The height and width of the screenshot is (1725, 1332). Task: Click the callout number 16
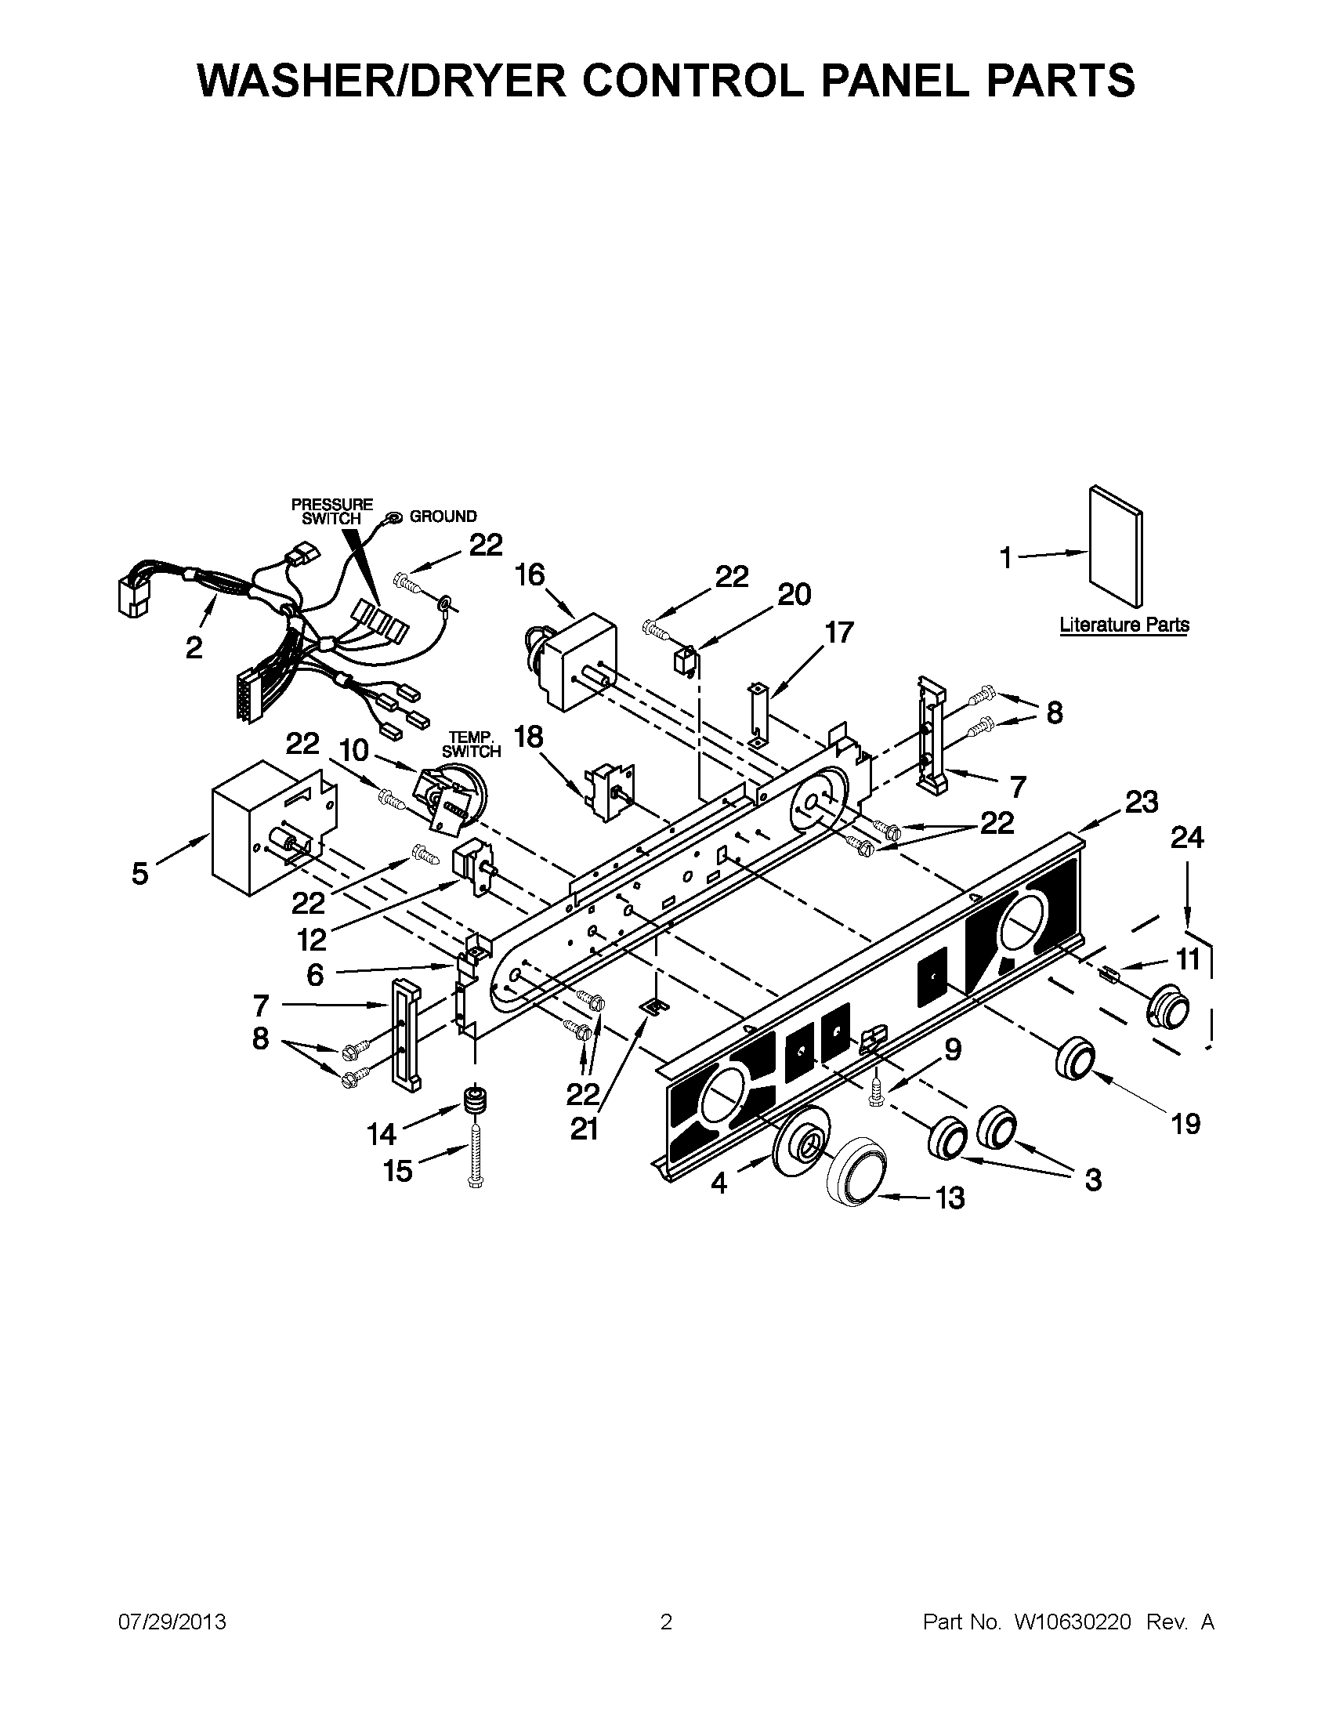pos(530,575)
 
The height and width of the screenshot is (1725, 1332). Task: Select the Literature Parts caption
pos(1124,625)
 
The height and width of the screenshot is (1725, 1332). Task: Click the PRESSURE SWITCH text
pos(331,511)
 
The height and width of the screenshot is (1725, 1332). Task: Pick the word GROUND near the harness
pos(443,516)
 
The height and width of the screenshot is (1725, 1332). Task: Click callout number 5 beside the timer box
pos(139,873)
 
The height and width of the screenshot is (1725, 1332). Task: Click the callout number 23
pos(1141,803)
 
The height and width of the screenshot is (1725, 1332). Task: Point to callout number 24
pos(1187,838)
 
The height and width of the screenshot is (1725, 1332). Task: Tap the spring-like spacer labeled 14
pos(475,1100)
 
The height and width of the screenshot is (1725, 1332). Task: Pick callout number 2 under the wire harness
pos(194,648)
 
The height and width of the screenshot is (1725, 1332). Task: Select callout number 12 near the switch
pos(312,939)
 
